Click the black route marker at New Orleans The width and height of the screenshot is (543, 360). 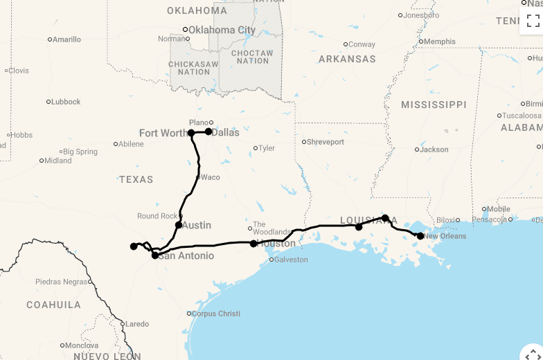(420, 236)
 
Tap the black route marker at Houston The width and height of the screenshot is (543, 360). (253, 244)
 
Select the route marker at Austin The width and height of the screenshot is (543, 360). (179, 225)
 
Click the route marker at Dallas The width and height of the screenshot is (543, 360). (208, 132)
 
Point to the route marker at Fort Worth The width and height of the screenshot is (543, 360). (191, 133)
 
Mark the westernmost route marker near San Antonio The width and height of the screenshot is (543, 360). (134, 246)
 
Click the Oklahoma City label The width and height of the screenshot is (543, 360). (222, 30)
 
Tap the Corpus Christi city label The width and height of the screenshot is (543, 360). (215, 314)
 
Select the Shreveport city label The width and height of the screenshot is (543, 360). (326, 142)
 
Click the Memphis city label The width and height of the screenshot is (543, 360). (440, 42)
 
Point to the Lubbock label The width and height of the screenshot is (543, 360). (66, 102)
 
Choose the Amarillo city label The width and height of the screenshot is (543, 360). (66, 39)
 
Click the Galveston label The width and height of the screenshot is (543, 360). (291, 260)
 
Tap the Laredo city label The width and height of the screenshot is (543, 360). (136, 323)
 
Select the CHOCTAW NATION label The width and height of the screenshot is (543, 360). (252, 57)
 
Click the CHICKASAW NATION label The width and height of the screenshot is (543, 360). (194, 68)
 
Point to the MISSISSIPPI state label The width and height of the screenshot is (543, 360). (434, 105)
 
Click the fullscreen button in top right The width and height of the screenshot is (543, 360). (533, 20)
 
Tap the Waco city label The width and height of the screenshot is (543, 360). (210, 177)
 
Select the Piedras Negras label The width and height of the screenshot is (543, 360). (62, 282)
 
